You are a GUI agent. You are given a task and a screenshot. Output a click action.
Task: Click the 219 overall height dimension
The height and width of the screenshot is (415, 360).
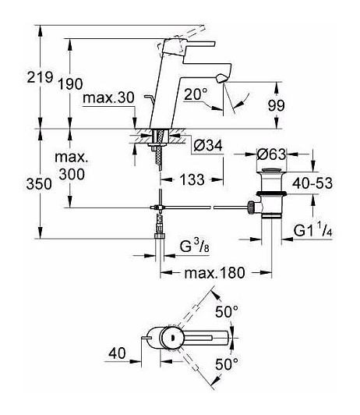tap(41, 77)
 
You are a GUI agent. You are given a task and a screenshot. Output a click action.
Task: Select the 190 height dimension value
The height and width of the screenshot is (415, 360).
tap(70, 84)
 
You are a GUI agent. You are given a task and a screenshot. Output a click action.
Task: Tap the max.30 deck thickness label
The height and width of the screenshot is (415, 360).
tap(108, 98)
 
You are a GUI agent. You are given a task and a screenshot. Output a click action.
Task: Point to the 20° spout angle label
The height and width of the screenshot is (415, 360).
tap(196, 94)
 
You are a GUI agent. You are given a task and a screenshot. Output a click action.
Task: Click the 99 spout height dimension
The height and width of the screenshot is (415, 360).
tap(276, 105)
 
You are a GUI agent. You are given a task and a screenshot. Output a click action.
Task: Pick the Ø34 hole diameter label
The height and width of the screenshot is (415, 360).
tap(208, 145)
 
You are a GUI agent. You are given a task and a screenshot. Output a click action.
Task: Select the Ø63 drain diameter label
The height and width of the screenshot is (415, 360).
tap(271, 154)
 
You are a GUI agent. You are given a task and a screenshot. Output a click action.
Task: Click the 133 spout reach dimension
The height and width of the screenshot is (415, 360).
tap(192, 179)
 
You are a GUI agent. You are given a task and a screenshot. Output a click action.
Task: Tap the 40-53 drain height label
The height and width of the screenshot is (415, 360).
tap(312, 183)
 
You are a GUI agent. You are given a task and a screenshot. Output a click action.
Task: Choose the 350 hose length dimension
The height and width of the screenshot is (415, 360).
tap(39, 184)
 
